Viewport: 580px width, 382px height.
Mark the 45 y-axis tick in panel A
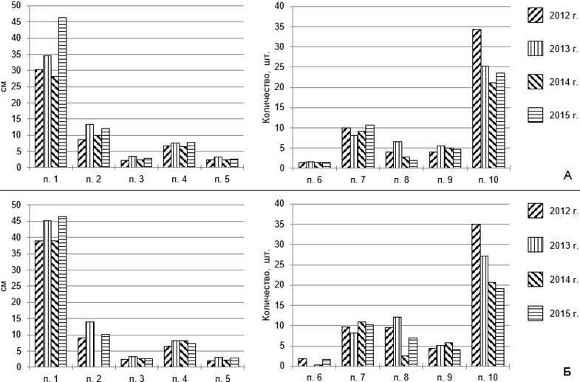point(17,22)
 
